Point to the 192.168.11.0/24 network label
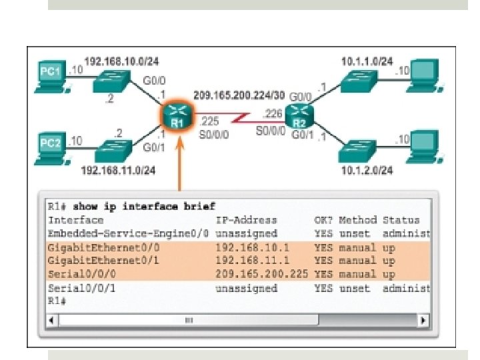[x=118, y=170]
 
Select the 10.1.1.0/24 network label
[x=367, y=61]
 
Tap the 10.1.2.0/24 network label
[x=367, y=171]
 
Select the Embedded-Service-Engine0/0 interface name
[x=129, y=233]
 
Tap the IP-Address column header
[x=246, y=220]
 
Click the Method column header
[x=357, y=220]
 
